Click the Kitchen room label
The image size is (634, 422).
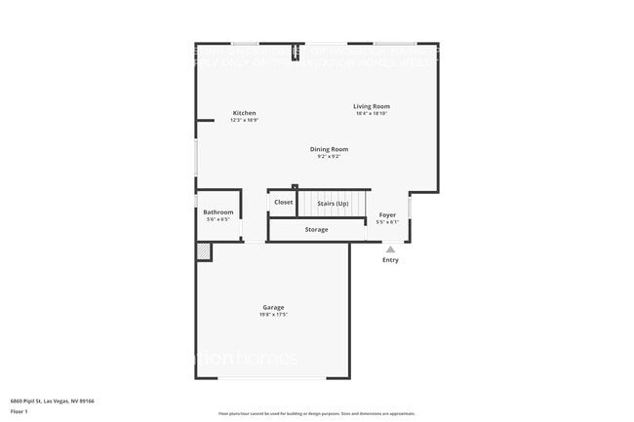pyautogui.click(x=244, y=113)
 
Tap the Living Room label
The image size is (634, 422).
pyautogui.click(x=372, y=106)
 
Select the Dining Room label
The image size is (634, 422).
pyautogui.click(x=329, y=149)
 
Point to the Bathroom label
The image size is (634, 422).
pyautogui.click(x=218, y=211)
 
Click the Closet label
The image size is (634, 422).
pyautogui.click(x=283, y=202)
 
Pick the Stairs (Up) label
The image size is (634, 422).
pyautogui.click(x=333, y=203)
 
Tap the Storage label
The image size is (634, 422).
pyautogui.click(x=316, y=229)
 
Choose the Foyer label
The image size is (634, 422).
pyautogui.click(x=387, y=213)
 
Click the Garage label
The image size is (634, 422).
pyautogui.click(x=273, y=307)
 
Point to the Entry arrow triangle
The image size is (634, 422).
pyautogui.click(x=390, y=249)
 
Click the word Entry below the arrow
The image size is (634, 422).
pyautogui.click(x=390, y=260)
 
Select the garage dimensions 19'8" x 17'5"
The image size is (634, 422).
pyautogui.click(x=273, y=315)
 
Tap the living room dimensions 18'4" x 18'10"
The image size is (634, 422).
pyautogui.click(x=372, y=114)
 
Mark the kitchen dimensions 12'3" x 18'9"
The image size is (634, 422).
pyautogui.click(x=244, y=121)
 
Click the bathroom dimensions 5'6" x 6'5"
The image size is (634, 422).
pyautogui.click(x=218, y=219)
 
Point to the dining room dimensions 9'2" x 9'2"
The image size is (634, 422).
pyautogui.click(x=329, y=157)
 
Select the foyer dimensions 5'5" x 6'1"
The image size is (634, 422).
pyautogui.click(x=387, y=221)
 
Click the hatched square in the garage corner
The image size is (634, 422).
pyautogui.click(x=204, y=251)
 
